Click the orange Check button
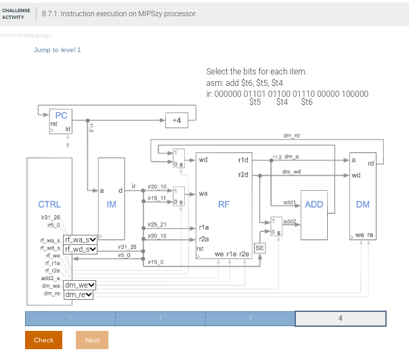[43, 340]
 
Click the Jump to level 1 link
[57, 50]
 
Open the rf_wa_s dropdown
[81, 240]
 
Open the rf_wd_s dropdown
[81, 249]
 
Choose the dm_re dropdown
[79, 294]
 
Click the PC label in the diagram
[61, 116]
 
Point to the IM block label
[112, 204]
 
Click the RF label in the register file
[223, 204]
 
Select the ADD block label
[314, 204]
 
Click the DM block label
[363, 204]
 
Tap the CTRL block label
[49, 204]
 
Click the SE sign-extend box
[259, 248]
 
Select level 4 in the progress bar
[340, 318]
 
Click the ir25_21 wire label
[157, 224]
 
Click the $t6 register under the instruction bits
[307, 103]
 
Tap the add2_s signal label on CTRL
[51, 278]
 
